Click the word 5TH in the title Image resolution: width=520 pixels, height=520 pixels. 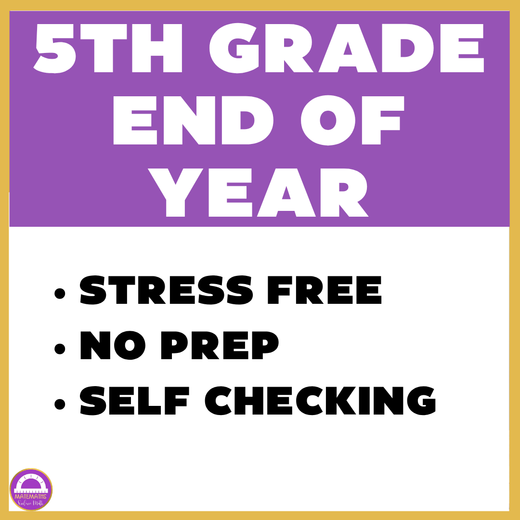[x=108, y=48]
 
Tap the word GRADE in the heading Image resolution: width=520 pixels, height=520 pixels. [x=347, y=48]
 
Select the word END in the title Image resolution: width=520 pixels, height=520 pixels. [x=194, y=120]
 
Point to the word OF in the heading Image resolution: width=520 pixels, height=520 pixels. [x=352, y=120]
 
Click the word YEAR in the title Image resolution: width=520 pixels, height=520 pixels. [x=259, y=193]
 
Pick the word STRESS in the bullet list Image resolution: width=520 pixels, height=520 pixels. [x=167, y=290]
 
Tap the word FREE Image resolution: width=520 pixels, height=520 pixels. [x=325, y=290]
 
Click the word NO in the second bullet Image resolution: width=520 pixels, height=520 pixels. [x=113, y=345]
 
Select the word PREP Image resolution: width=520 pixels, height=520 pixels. [x=220, y=345]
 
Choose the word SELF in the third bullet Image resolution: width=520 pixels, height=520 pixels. [x=135, y=401]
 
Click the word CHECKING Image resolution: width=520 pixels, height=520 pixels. [x=320, y=401]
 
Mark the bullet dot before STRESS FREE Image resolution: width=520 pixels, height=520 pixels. [x=60, y=293]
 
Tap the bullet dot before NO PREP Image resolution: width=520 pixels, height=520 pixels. [x=60, y=349]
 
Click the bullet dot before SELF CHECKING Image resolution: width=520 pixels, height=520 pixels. [x=60, y=404]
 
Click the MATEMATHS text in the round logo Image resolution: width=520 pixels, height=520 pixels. [x=30, y=496]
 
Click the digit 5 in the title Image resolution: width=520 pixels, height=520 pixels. [x=55, y=49]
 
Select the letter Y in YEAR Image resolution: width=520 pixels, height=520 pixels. [x=175, y=193]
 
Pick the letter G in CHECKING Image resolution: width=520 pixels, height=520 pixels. [x=421, y=401]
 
